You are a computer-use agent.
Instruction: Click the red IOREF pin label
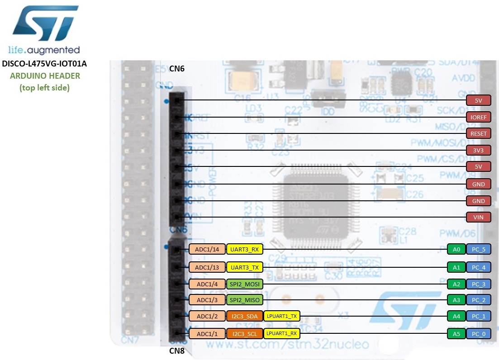click(479, 117)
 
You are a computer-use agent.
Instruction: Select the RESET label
click(479, 133)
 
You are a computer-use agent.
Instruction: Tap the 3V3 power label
click(479, 150)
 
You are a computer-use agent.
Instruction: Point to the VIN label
click(479, 217)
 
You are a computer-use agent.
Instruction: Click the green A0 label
click(456, 249)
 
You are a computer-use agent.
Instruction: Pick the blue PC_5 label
click(479, 249)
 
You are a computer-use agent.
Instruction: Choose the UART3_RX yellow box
click(244, 249)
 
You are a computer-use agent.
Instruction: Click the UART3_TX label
click(244, 267)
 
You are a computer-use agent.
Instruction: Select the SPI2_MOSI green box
click(244, 284)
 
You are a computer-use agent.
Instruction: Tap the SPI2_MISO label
click(244, 300)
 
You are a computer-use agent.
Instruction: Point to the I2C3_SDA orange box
click(245, 316)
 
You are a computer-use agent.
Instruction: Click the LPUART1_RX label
click(281, 334)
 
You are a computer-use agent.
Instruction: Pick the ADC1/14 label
click(207, 249)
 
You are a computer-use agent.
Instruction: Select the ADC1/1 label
click(207, 334)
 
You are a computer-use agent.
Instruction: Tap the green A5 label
click(456, 334)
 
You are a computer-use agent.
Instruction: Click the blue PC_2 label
click(479, 300)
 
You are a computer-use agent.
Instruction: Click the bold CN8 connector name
click(177, 351)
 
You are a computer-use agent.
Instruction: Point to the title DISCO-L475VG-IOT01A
click(44, 64)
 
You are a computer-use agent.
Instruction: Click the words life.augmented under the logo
click(44, 50)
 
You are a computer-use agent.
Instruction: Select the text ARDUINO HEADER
click(45, 76)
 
